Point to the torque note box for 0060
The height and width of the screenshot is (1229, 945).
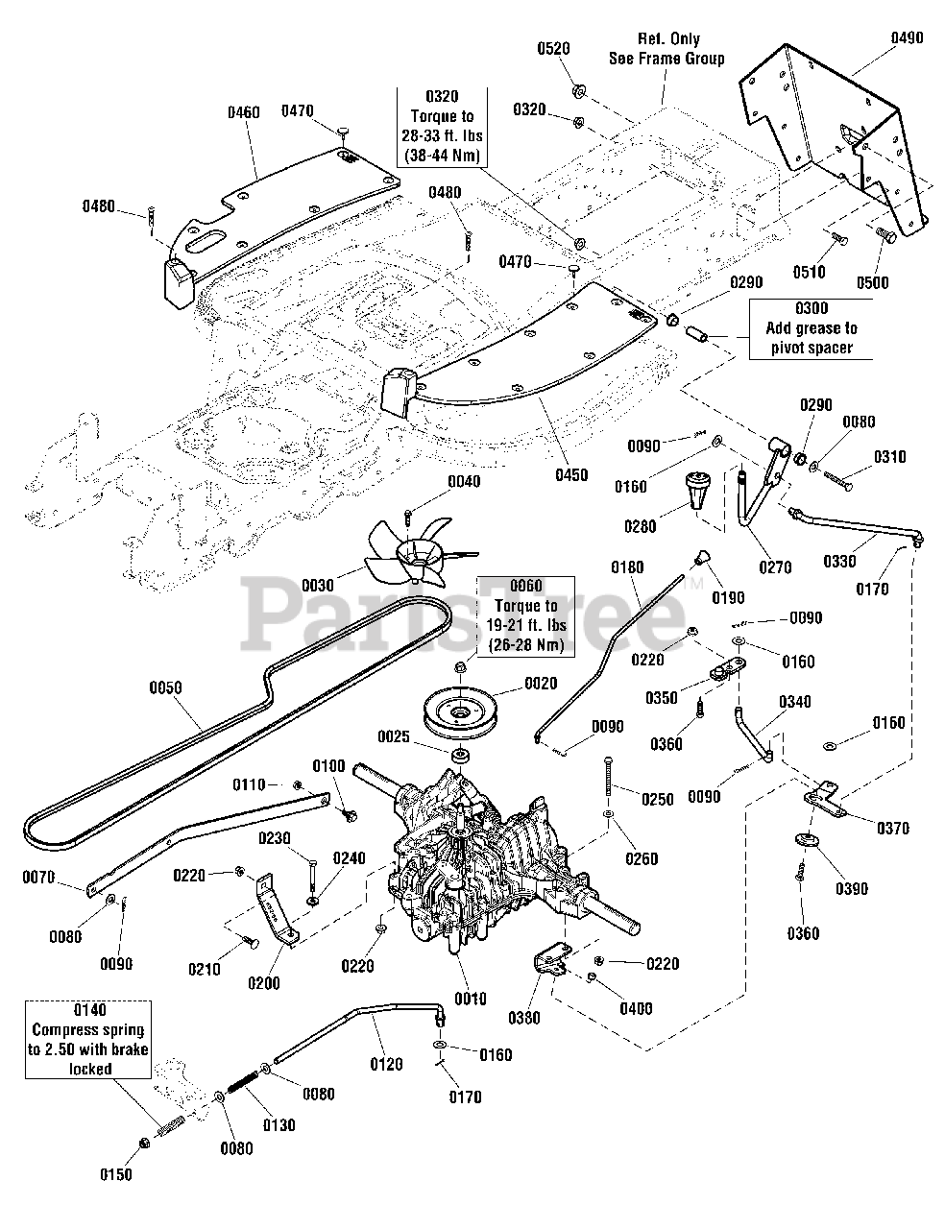525,615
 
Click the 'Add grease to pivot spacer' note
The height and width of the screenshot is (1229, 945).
811,328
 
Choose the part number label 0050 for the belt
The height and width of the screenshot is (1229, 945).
165,687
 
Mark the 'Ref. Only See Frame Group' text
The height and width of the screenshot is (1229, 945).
667,48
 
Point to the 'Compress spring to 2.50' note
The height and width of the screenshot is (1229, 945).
88,1039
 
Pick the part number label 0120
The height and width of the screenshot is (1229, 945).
386,1064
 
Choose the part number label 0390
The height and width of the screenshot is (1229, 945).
851,888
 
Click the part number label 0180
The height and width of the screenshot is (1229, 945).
627,567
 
